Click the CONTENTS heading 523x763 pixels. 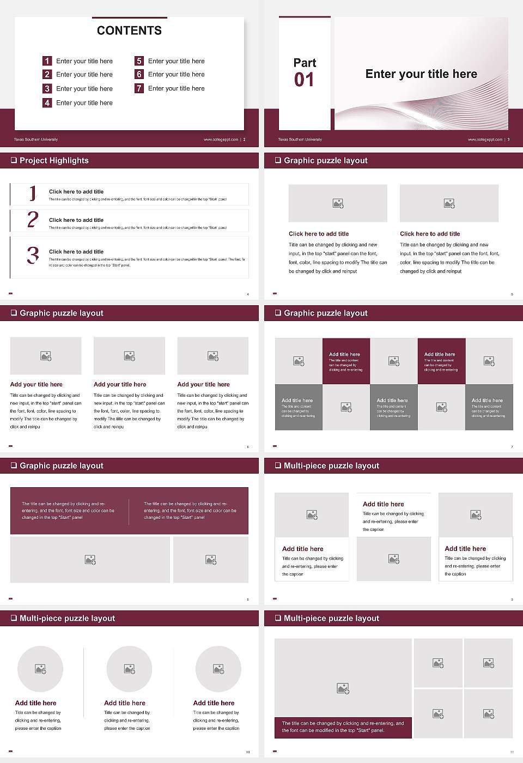(129, 31)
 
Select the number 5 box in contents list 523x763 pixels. (139, 61)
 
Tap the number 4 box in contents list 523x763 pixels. (47, 102)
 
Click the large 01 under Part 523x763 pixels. (304, 80)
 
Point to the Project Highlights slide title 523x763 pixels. (54, 160)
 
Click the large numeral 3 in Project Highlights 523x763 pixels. (33, 255)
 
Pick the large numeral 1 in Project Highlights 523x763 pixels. (33, 193)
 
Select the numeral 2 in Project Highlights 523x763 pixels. (33, 220)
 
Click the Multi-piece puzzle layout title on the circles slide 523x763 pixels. (67, 618)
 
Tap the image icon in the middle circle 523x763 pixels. (129, 669)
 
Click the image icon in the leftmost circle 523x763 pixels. (40, 669)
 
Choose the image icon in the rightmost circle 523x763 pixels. (218, 669)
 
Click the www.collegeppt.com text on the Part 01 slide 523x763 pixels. (485, 140)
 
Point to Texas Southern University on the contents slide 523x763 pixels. (36, 140)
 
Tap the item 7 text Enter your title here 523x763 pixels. (176, 88)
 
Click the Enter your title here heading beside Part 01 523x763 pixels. (421, 74)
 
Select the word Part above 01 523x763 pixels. (305, 63)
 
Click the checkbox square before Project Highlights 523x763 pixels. (14, 160)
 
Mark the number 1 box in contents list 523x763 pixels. (47, 61)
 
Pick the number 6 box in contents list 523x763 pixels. (139, 74)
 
